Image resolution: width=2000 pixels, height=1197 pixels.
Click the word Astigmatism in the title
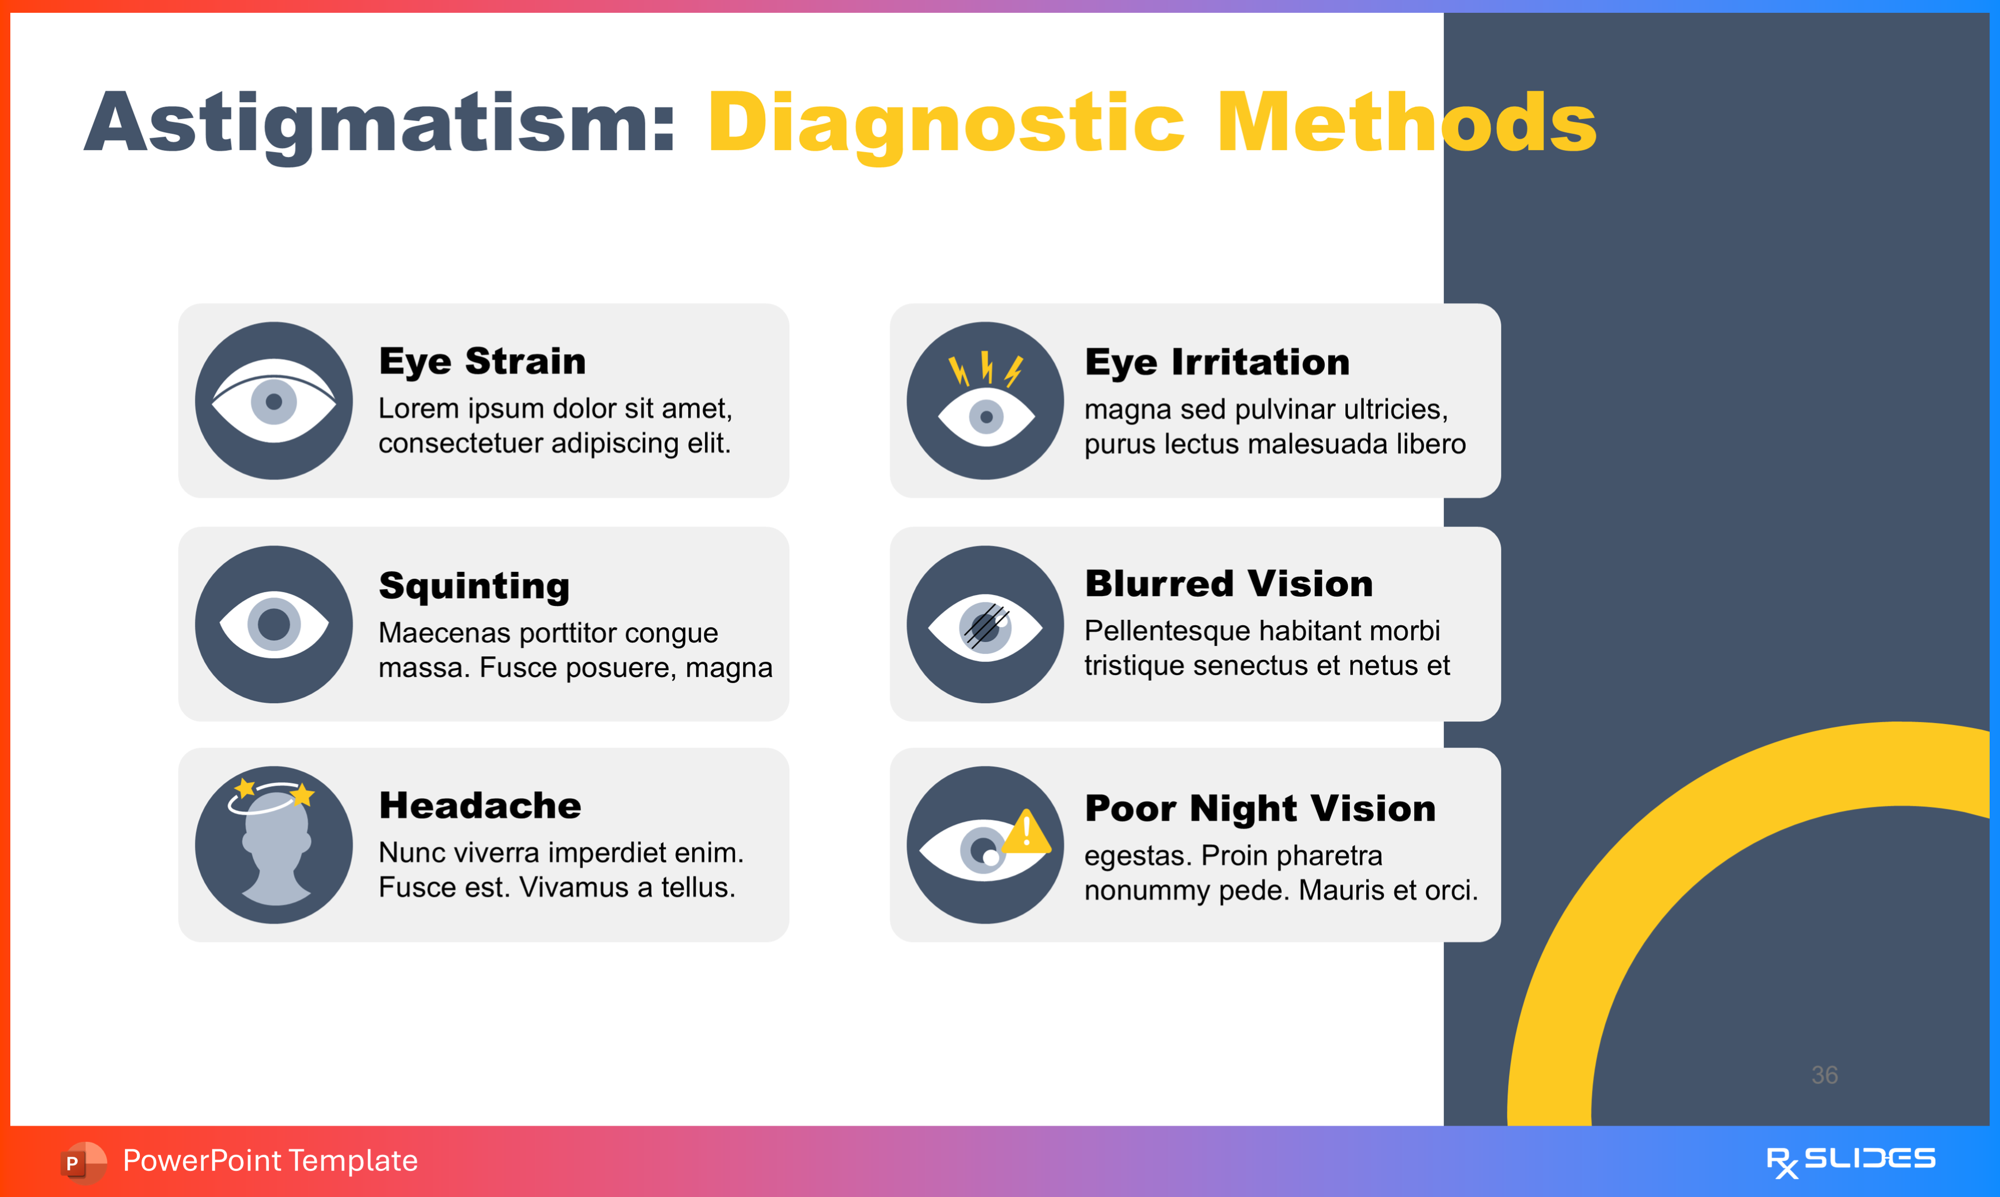pos(379,123)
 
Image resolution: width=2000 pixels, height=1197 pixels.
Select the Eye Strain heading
pos(482,361)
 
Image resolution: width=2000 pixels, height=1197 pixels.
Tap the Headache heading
pos(480,805)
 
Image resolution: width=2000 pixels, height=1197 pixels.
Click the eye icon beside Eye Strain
pos(274,401)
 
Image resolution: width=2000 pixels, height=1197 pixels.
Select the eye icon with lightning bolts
pos(985,401)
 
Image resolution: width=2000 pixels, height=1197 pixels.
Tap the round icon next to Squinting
pos(274,624)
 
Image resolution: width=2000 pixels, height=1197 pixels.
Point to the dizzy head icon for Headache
pos(274,845)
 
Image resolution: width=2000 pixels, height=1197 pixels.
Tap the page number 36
pos(1824,1074)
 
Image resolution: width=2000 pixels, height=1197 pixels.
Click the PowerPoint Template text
pos(270,1161)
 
